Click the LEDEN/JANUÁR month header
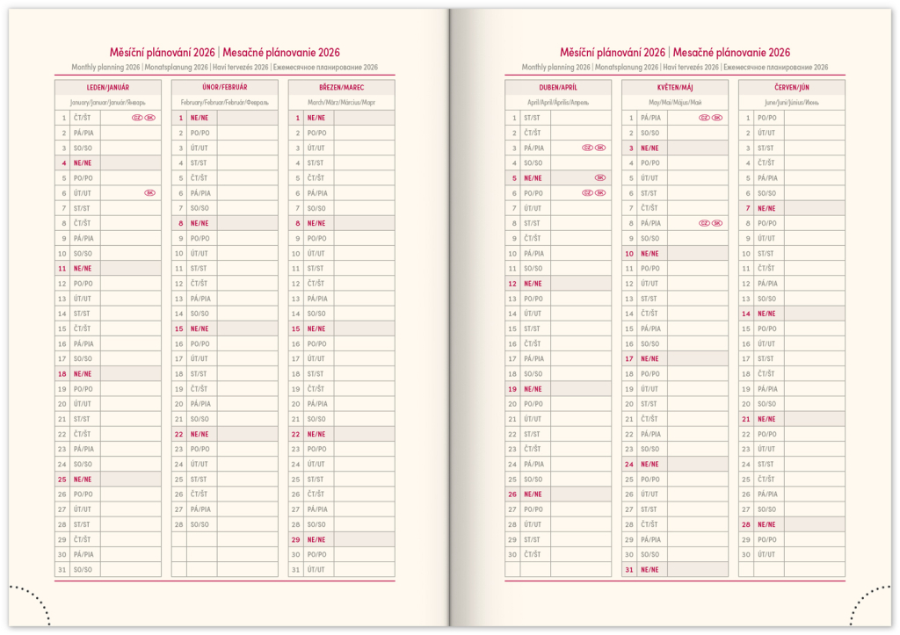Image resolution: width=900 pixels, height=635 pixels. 107,88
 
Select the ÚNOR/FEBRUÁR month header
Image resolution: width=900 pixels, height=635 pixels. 224,88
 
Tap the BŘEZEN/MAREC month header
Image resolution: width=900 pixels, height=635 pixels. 341,88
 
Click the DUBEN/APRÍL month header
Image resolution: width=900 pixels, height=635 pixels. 557,88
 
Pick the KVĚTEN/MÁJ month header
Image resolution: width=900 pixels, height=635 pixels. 674,88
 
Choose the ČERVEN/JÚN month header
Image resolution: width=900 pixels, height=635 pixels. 791,88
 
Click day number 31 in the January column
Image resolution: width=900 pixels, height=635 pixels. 62,569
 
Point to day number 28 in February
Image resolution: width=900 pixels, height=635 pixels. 179,524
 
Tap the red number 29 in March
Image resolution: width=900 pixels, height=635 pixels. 296,539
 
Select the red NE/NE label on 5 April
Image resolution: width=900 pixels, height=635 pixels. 533,177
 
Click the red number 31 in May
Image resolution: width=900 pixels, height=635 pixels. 629,569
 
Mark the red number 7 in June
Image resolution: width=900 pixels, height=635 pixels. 747,208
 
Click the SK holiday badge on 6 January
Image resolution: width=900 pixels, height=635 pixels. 149,193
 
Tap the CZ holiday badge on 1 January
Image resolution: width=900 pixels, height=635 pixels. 137,118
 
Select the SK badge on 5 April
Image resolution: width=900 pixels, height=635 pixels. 599,177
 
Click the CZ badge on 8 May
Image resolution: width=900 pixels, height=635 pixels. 704,223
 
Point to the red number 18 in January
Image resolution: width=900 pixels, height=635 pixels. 62,374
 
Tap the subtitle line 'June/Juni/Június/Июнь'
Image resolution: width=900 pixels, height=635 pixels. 791,103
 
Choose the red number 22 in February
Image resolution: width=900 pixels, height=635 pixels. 179,434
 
